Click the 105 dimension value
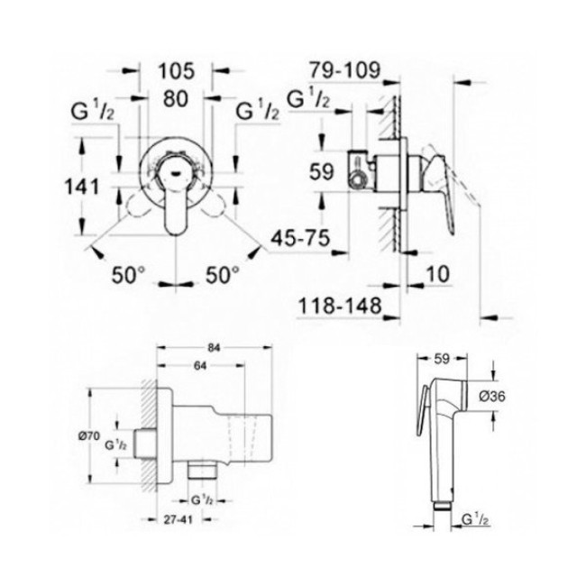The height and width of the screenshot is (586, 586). (x=177, y=71)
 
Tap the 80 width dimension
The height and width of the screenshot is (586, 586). (x=176, y=98)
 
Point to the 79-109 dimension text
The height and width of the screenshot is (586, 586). (x=344, y=70)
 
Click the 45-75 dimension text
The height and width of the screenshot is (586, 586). (x=300, y=238)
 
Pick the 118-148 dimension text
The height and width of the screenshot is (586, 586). (x=340, y=307)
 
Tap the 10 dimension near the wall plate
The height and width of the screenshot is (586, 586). (x=437, y=274)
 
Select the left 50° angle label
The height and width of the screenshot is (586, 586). (x=128, y=276)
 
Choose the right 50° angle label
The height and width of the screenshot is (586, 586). (x=223, y=276)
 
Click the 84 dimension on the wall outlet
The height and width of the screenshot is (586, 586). (x=215, y=348)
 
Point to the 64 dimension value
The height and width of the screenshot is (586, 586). (x=200, y=366)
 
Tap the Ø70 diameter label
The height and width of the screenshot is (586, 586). (x=89, y=435)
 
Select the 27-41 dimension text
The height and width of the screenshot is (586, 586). (x=178, y=519)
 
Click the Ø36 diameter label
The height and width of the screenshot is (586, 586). (x=492, y=396)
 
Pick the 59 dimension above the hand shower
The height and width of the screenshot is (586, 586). (x=442, y=359)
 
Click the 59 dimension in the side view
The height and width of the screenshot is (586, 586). (x=322, y=172)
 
